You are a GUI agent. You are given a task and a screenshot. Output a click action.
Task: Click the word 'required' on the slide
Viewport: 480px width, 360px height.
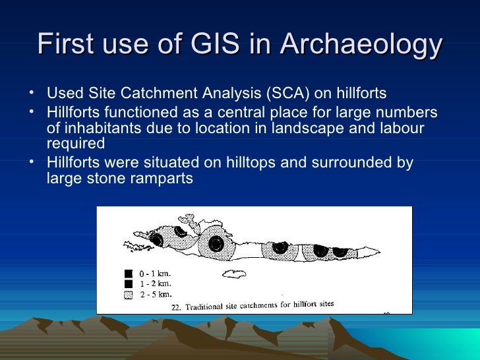pyautogui.click(x=76, y=144)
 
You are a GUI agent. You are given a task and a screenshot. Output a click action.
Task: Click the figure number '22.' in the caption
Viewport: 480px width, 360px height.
pyautogui.click(x=176, y=307)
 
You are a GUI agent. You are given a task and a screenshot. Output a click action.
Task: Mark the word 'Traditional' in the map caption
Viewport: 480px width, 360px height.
pyautogui.click(x=206, y=307)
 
